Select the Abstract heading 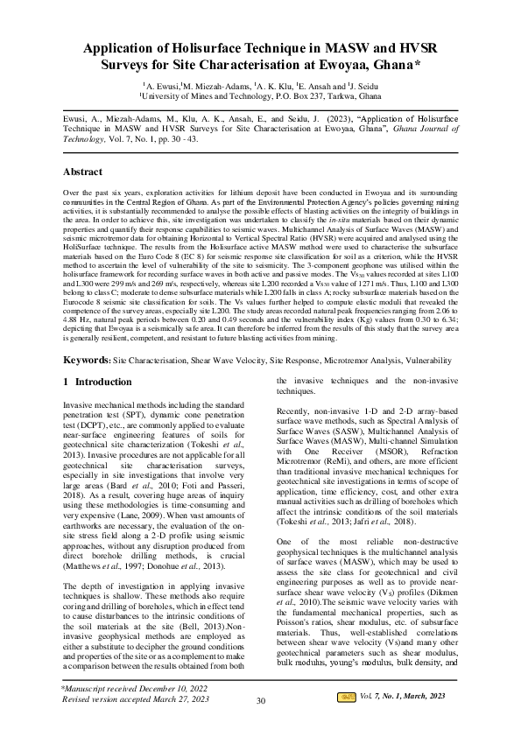click(x=84, y=172)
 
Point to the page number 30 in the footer click(x=260, y=724)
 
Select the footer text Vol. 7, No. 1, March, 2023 click(x=403, y=719)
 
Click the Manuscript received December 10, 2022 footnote click(x=130, y=714)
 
